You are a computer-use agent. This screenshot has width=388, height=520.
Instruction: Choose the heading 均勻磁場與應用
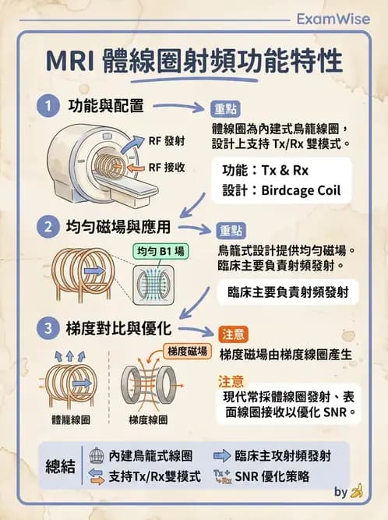pos(118,228)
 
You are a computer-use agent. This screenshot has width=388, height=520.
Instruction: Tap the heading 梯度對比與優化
pos(118,328)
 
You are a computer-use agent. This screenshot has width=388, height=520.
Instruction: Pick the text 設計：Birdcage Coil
pos(281,191)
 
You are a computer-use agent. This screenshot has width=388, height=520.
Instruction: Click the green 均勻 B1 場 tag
pos(159,252)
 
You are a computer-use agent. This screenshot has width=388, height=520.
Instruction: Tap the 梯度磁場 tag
pos(185,352)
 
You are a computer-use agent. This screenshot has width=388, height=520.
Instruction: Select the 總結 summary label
pos(60,466)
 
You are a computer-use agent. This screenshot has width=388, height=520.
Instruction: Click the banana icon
pos(358,491)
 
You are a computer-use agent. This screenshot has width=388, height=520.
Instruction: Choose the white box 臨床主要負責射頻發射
pos(288,293)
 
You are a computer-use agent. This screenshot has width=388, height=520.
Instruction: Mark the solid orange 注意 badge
pos(233,334)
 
